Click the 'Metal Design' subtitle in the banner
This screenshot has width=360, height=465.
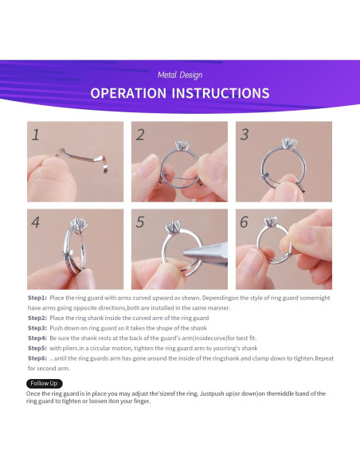click(x=180, y=75)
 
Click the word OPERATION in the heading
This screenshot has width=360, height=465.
click(x=128, y=93)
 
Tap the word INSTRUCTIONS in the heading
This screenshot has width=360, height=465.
click(x=221, y=93)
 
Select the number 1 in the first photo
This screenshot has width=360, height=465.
click(x=36, y=135)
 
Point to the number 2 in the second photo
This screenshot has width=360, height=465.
click(x=140, y=135)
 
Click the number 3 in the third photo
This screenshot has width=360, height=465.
click(x=245, y=135)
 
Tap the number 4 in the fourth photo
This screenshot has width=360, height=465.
click(x=36, y=222)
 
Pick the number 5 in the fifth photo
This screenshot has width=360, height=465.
click(x=140, y=222)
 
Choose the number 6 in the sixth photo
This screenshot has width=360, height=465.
click(x=244, y=222)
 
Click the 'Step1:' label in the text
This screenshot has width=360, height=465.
click(x=37, y=298)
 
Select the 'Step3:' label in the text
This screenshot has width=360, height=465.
click(x=37, y=328)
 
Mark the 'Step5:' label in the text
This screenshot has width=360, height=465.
click(x=37, y=348)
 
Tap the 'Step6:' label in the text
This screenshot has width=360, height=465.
click(x=37, y=358)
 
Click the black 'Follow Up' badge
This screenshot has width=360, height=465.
click(x=44, y=384)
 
